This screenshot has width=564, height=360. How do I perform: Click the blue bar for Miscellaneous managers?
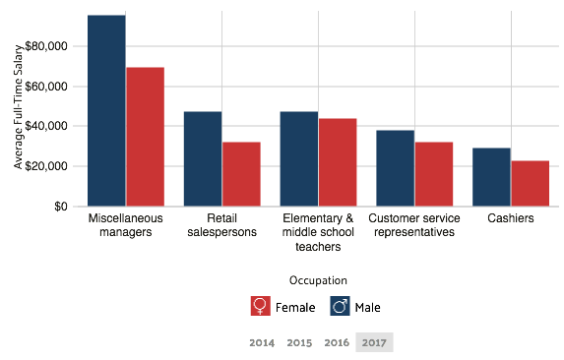(x=106, y=110)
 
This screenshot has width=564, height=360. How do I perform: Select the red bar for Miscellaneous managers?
(x=145, y=137)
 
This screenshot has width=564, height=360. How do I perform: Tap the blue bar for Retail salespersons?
(x=203, y=158)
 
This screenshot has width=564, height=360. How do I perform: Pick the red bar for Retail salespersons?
(x=241, y=174)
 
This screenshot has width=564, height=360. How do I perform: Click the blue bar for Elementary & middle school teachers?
(x=298, y=158)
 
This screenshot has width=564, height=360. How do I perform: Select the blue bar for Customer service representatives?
(x=395, y=168)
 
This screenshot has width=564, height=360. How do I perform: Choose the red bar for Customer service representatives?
(x=434, y=174)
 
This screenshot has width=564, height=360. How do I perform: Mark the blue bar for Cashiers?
(x=491, y=177)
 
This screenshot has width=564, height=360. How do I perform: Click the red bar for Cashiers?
(x=530, y=183)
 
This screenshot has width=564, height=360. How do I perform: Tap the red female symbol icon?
(x=261, y=306)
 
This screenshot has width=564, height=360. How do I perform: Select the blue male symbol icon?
(x=340, y=306)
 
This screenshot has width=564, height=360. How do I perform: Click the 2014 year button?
(x=262, y=342)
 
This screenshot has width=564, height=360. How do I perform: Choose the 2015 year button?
(x=299, y=342)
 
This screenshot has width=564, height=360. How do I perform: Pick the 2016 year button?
(x=337, y=342)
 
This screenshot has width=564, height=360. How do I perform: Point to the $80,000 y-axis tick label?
(x=47, y=46)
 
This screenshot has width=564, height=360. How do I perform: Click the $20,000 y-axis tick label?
(x=47, y=166)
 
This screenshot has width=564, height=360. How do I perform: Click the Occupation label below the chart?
(x=318, y=280)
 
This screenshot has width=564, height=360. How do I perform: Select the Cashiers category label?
(x=511, y=218)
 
